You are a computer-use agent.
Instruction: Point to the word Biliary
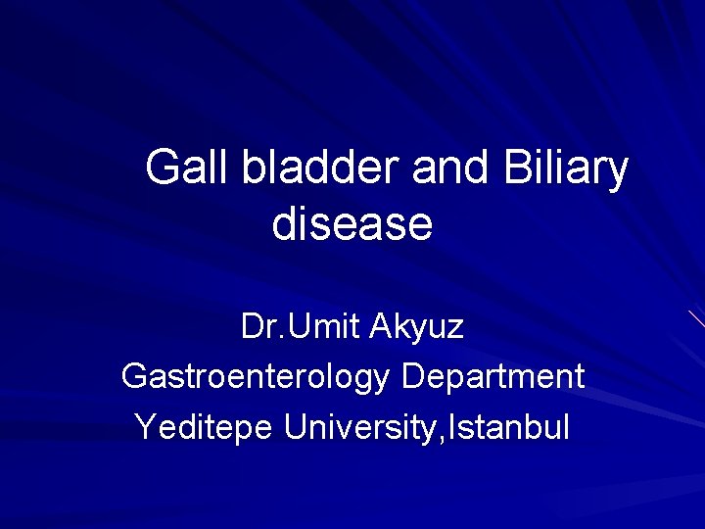pos(565,170)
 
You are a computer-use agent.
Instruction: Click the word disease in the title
pos(352,224)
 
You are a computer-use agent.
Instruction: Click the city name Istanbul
pos(512,427)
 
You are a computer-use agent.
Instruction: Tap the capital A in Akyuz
pos(382,327)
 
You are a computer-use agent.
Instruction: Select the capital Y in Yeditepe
pos(144,427)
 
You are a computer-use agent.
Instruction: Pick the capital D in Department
pos(412,376)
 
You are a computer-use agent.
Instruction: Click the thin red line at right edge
pos(696,318)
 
